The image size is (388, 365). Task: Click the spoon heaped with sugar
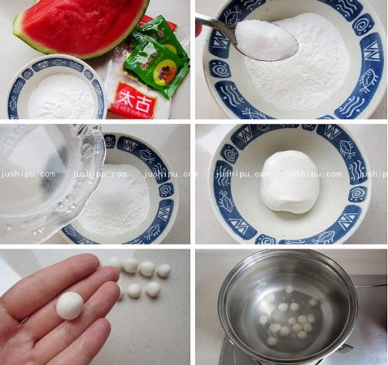pos(264,37)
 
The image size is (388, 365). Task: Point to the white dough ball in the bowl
pos(290,180)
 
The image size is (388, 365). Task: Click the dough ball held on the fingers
pos(69,305)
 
